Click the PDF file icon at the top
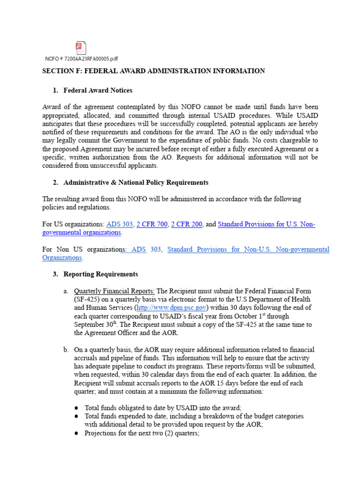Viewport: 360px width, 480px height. click(81, 47)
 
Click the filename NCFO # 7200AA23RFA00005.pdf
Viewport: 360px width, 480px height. click(82, 59)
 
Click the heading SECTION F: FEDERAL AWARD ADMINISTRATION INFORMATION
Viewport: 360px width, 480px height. click(154, 71)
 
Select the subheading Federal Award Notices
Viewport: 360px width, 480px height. click(98, 90)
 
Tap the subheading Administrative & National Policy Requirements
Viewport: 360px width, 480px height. click(136, 182)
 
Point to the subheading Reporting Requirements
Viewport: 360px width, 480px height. click(101, 274)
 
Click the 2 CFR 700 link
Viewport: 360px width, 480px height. click(152, 224)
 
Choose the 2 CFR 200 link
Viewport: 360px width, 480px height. click(187, 224)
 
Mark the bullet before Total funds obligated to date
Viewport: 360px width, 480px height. click(76, 408)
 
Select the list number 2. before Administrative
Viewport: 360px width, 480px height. click(56, 182)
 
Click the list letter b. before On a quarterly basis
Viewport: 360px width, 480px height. click(66, 350)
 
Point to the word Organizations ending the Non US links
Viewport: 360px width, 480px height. click(62, 258)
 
